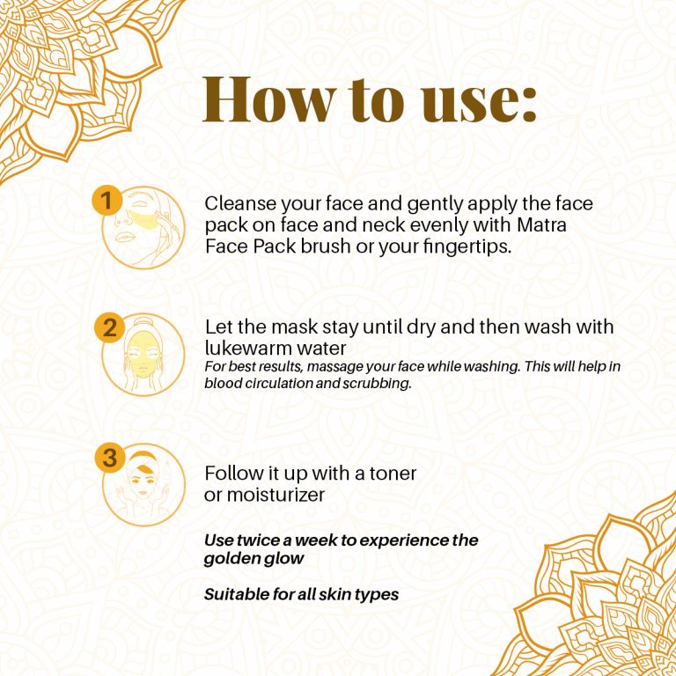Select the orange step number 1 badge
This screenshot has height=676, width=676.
click(106, 202)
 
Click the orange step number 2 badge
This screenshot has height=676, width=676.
click(109, 328)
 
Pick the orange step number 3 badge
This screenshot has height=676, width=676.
click(109, 458)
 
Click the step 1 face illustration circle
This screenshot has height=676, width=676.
click(145, 227)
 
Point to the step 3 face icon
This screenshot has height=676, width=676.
click(143, 485)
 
